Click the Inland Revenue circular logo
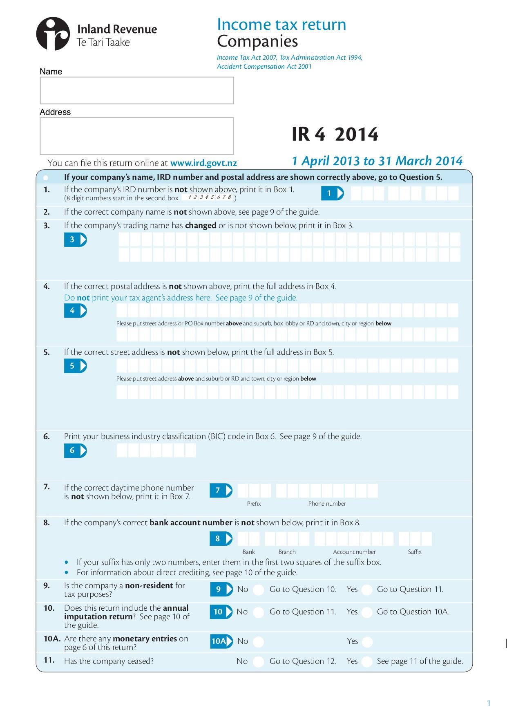[x=53, y=34]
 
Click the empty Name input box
[x=137, y=90]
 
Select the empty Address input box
[x=137, y=136]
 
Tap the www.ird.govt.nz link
[x=203, y=163]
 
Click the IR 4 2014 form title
[x=335, y=134]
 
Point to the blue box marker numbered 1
[x=332, y=193]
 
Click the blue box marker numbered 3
[x=75, y=240]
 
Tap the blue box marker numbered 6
[x=75, y=450]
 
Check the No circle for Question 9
[x=258, y=590]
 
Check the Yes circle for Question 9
[x=367, y=590]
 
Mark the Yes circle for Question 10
[x=367, y=612]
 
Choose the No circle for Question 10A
[x=258, y=642]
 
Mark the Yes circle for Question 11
[x=367, y=662]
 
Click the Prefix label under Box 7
[x=254, y=504]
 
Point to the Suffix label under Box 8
[x=414, y=552]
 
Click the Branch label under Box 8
[x=287, y=552]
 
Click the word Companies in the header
[x=257, y=41]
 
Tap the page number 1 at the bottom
[x=489, y=703]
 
